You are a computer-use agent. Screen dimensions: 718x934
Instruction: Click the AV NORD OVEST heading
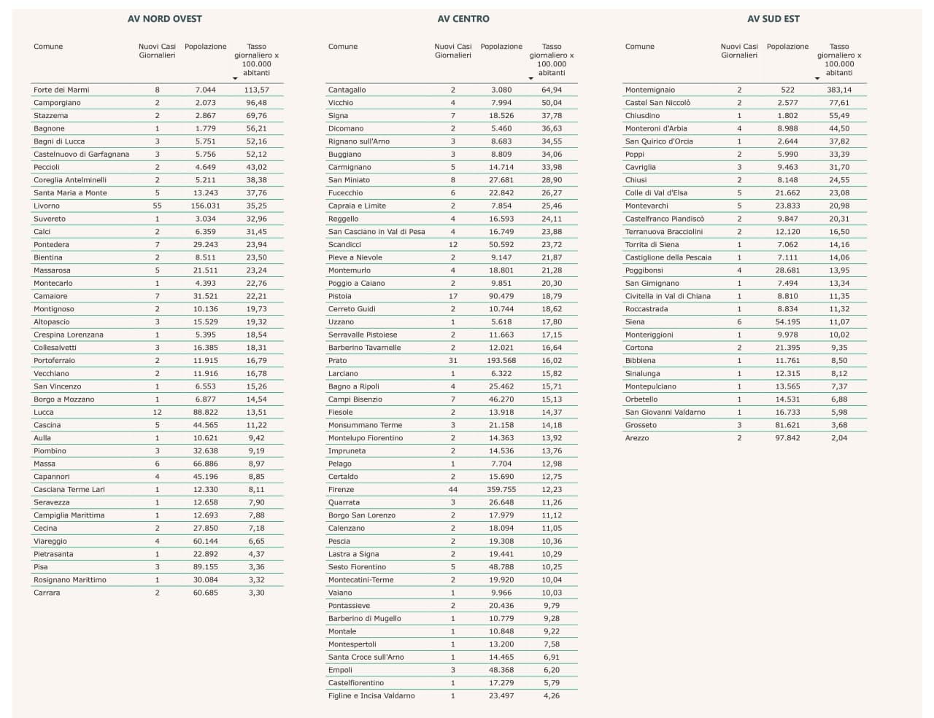click(x=165, y=19)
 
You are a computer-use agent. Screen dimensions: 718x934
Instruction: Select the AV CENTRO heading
click(x=463, y=19)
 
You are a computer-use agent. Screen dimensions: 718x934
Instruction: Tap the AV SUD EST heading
click(x=773, y=19)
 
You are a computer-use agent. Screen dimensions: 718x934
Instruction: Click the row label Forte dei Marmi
click(x=61, y=90)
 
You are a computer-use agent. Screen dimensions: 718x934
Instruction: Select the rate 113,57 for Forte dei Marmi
click(x=256, y=90)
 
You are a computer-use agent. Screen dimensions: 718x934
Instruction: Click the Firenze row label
click(x=341, y=490)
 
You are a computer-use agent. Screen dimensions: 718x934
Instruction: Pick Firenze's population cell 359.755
click(x=501, y=490)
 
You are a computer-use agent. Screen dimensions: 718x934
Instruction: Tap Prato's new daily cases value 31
click(x=453, y=361)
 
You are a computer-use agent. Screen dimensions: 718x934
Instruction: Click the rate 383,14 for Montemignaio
click(x=839, y=90)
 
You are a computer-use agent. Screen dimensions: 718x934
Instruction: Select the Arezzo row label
click(x=637, y=438)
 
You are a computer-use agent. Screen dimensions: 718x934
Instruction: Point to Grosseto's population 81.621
click(x=787, y=425)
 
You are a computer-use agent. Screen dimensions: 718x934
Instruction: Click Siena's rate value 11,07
click(x=839, y=322)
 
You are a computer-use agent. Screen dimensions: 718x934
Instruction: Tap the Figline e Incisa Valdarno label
click(x=371, y=696)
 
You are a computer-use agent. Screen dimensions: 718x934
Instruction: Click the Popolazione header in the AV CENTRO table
click(x=501, y=47)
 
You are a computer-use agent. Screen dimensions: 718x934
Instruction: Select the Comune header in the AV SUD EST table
click(x=639, y=47)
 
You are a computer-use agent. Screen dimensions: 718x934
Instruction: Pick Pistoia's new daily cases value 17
click(x=453, y=296)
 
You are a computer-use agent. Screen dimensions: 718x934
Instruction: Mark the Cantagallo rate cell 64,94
click(x=552, y=90)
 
